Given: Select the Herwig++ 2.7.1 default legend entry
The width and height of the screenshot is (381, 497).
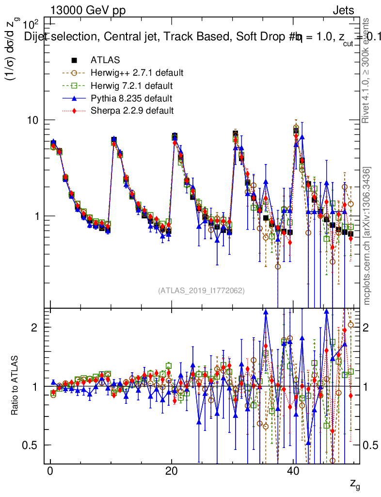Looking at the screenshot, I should (137, 73).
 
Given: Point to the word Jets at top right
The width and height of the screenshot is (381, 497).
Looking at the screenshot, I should (343, 11).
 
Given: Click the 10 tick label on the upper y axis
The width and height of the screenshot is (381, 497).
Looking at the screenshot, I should (36, 120).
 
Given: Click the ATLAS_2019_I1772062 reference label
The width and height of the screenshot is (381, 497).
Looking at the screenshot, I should (201, 291).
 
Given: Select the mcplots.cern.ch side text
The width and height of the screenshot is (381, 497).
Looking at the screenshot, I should (367, 236).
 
